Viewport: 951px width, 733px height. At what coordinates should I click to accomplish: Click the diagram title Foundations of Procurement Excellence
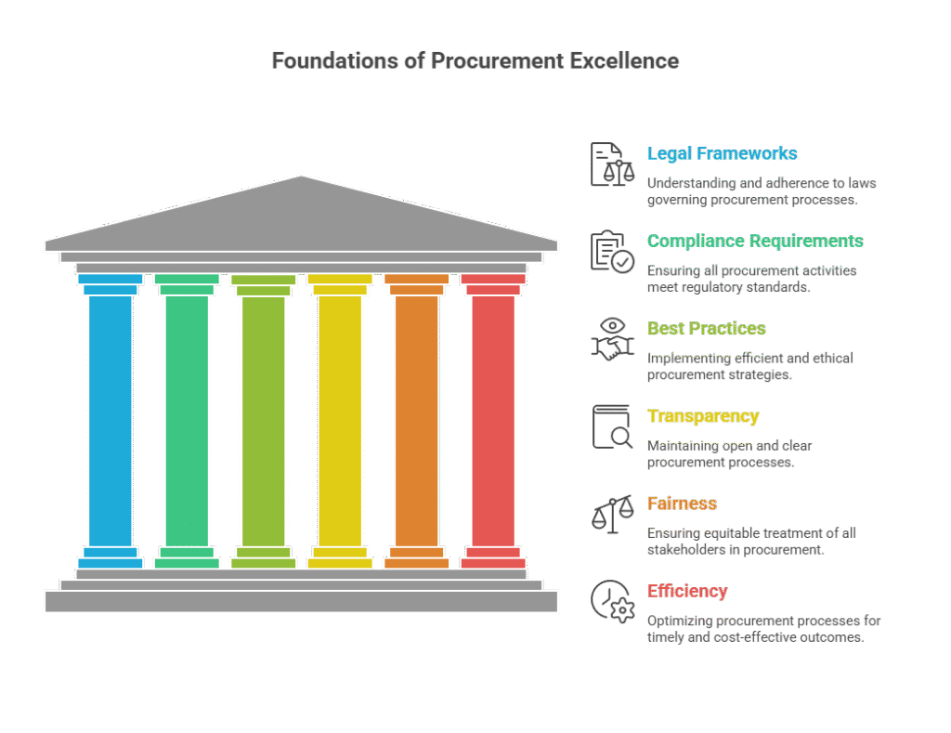[475, 61]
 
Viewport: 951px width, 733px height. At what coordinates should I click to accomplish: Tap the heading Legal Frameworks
[722, 153]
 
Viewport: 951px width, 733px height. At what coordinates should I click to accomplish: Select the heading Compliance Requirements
[755, 241]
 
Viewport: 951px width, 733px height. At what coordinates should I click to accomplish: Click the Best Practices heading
[706, 328]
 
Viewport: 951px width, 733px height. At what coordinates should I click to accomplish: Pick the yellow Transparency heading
[702, 415]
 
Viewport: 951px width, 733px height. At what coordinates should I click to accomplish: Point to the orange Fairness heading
[682, 504]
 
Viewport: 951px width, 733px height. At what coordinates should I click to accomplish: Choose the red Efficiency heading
[687, 591]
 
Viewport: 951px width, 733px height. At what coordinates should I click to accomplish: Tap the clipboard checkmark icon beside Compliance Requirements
[612, 252]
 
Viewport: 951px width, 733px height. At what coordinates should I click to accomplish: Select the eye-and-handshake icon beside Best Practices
[612, 339]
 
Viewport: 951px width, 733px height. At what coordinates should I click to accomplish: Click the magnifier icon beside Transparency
[612, 427]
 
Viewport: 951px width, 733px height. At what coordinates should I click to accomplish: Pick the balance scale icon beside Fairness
[612, 515]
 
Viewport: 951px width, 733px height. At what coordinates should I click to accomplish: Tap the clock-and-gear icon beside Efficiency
[612, 602]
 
